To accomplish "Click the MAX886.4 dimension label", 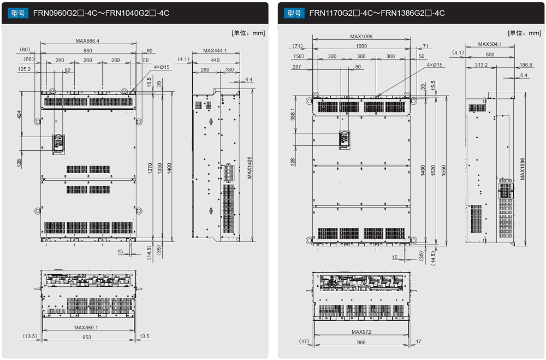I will (87, 41).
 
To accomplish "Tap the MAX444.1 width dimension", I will (215, 51).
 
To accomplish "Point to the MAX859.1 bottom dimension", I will (86, 327).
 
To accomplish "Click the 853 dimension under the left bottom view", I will (87, 337).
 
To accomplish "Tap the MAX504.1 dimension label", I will (490, 44).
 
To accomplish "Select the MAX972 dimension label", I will (361, 332).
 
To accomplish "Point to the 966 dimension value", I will (361, 343).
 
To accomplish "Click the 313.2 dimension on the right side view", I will (482, 64).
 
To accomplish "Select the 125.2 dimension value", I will (24, 69).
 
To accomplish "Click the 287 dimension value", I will (296, 67).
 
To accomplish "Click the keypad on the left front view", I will (57, 142).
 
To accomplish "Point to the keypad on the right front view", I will (344, 139).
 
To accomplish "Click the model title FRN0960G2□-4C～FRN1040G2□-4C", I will (101, 13).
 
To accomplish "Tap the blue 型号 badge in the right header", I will (294, 13).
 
